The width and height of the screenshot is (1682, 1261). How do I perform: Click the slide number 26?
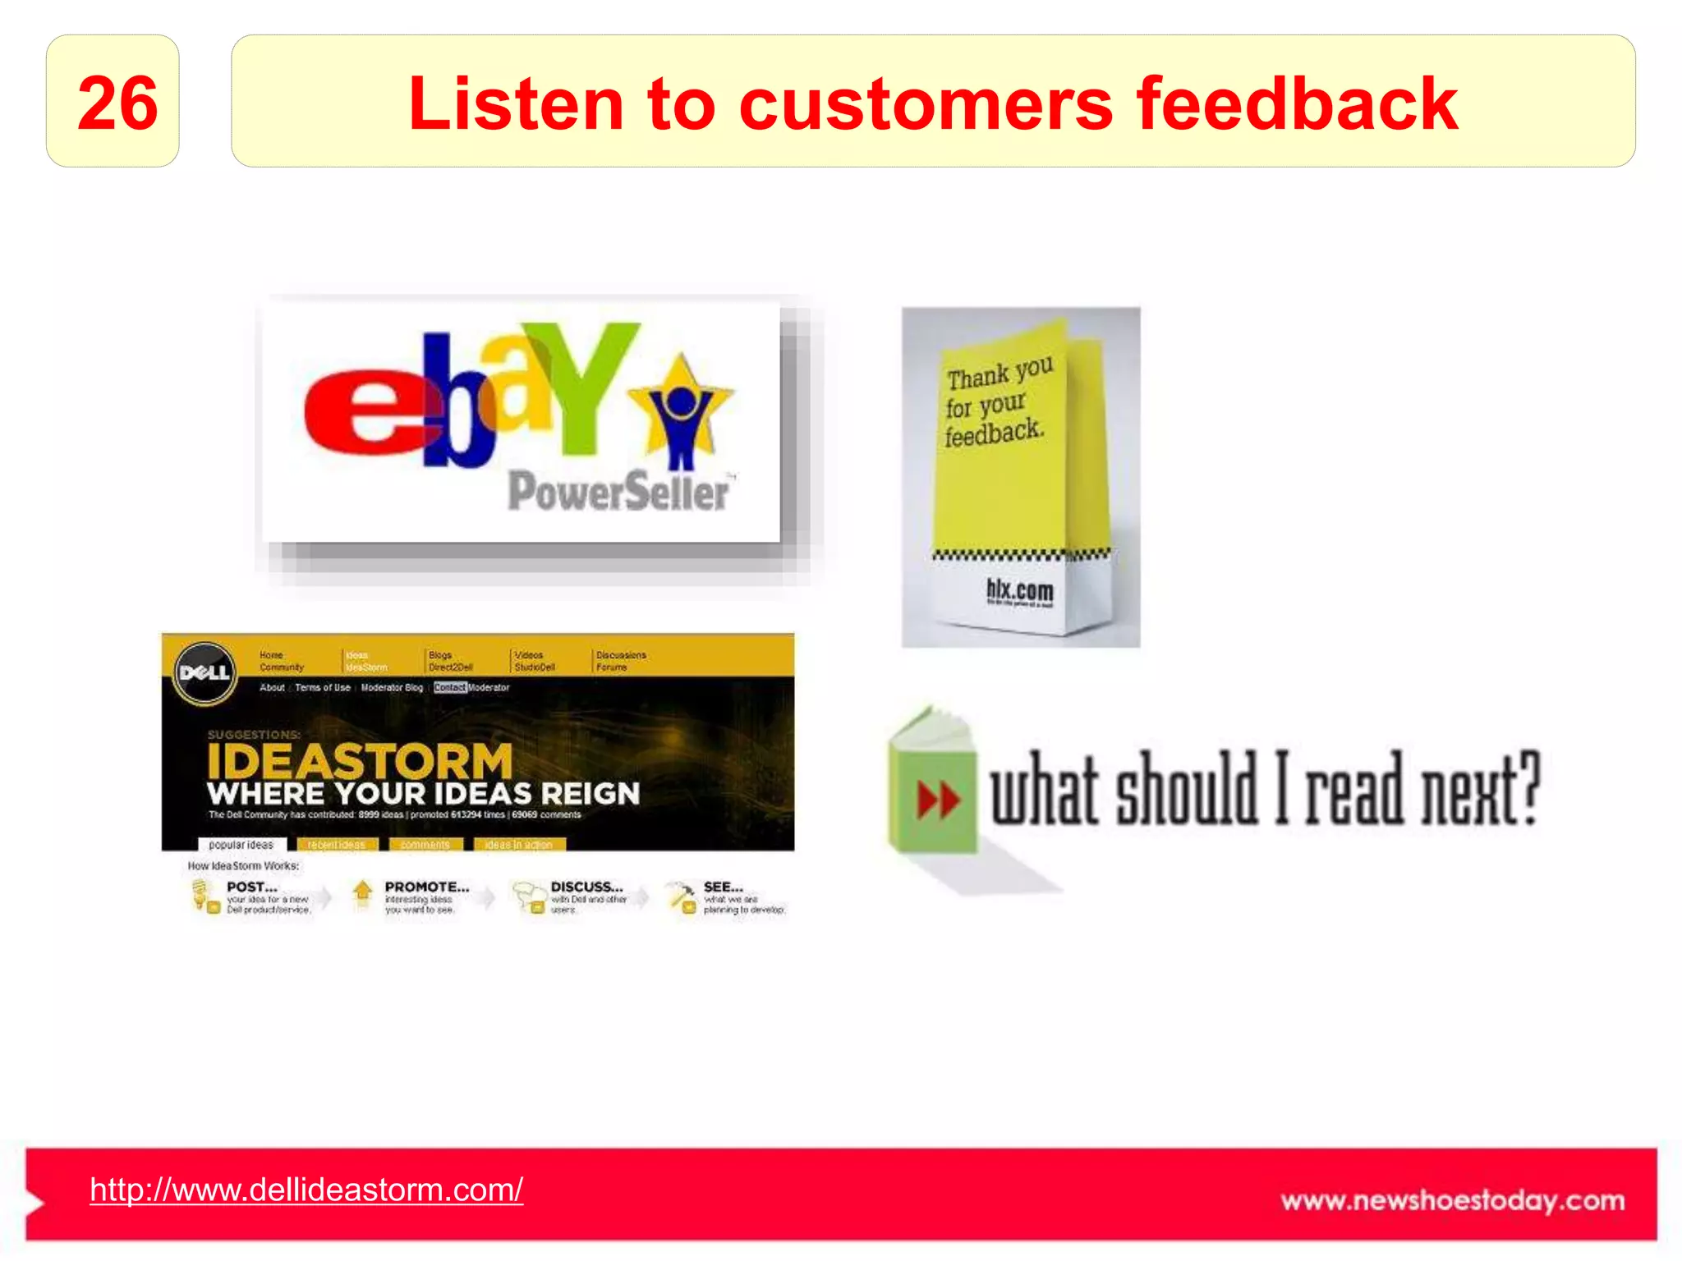point(117,103)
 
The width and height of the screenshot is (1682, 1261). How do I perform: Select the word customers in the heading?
point(926,105)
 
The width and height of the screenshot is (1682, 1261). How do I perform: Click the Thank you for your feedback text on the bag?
point(996,402)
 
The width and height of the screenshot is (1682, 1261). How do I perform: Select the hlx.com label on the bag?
point(1019,589)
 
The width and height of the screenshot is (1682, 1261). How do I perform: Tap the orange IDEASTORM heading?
point(360,762)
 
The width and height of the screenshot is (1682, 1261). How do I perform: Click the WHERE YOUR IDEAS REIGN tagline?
point(423,794)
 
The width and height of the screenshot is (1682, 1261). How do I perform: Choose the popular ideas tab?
point(241,844)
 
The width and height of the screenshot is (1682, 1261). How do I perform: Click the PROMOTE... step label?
point(426,887)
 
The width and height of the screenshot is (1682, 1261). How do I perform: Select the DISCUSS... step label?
point(586,887)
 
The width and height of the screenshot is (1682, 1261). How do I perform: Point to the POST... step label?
point(252,887)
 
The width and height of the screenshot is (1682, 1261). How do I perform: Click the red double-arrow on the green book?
point(938,800)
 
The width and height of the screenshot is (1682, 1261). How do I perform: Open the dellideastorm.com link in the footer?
point(306,1190)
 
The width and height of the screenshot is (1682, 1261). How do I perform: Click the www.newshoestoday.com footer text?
point(1452,1200)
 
